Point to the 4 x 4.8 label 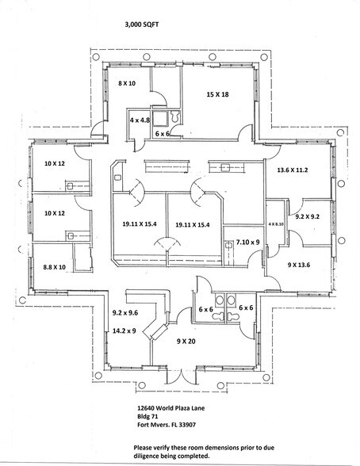[x=141, y=119]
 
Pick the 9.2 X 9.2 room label [x=307, y=216]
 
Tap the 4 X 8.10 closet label [x=276, y=226]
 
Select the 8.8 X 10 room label [x=55, y=268]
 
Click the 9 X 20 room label [x=186, y=342]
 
